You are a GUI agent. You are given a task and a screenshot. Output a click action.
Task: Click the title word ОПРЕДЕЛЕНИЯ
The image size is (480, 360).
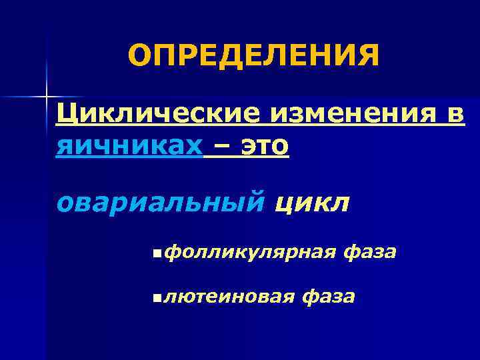(254, 56)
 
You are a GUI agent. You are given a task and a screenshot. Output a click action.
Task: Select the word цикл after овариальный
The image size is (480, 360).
(311, 201)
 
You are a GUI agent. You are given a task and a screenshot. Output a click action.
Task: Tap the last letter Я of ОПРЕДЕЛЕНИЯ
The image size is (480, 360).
(368, 56)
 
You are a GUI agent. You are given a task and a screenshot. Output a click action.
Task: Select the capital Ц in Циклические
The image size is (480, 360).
(66, 114)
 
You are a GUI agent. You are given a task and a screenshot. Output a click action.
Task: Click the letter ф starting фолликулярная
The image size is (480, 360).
(171, 253)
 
